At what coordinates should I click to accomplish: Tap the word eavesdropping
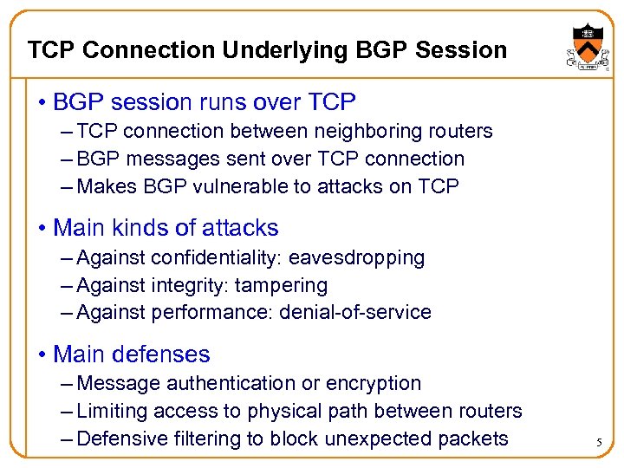click(x=357, y=258)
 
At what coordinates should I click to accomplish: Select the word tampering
click(x=283, y=286)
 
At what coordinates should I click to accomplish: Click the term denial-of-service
click(x=355, y=313)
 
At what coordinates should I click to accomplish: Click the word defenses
click(x=170, y=354)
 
